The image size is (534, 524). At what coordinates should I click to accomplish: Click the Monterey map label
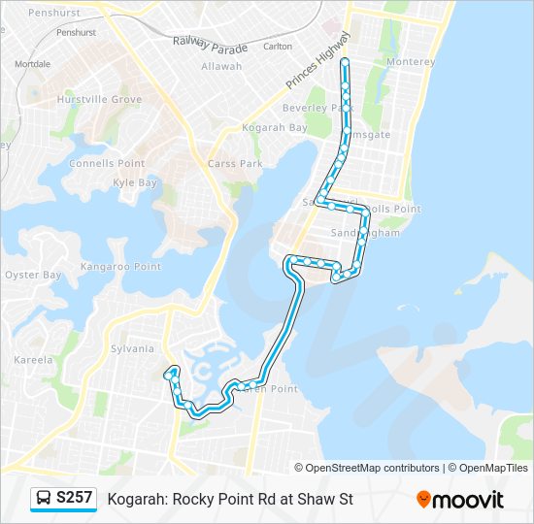[x=411, y=61]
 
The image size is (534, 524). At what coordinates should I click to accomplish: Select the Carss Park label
[x=235, y=164]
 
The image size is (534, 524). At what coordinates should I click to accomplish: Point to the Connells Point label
[x=107, y=163]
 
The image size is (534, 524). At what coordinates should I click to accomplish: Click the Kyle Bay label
[x=135, y=182]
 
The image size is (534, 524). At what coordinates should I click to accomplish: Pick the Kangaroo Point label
[x=120, y=266]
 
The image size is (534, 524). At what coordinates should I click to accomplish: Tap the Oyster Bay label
[x=33, y=275]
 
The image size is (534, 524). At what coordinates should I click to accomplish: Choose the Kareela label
[x=33, y=360]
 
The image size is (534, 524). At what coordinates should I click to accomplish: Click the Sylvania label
[x=133, y=348]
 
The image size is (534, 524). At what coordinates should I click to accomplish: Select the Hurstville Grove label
[x=99, y=99]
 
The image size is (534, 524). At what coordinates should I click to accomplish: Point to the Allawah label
[x=221, y=66]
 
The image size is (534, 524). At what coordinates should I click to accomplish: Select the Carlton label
[x=278, y=46]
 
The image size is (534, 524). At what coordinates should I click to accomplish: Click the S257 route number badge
[x=75, y=498]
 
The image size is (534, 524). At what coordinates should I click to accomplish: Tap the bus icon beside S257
[x=44, y=499]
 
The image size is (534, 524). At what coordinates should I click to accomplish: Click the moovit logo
[x=460, y=500]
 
